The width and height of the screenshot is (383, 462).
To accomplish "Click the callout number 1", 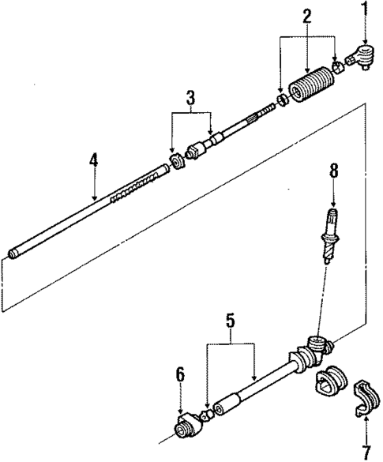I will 365,10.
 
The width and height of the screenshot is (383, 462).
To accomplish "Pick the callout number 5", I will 230,321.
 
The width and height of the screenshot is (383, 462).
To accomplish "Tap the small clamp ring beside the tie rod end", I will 336,68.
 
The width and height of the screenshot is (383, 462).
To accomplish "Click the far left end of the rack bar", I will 14,254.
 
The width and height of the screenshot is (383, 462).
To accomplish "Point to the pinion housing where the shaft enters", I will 316,345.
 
